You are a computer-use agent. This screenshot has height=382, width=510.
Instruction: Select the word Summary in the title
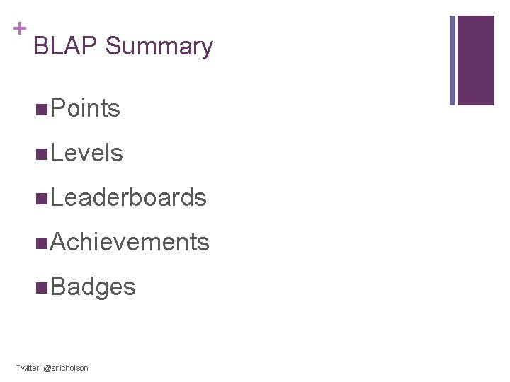tap(159, 47)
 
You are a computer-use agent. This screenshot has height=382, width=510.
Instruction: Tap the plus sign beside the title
tap(20, 28)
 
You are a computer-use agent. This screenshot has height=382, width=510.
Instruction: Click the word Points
tap(86, 109)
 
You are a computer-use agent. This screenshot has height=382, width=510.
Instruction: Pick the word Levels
tap(87, 154)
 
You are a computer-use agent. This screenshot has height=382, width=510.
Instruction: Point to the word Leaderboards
tap(129, 198)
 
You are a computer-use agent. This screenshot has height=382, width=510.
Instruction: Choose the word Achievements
tap(130, 243)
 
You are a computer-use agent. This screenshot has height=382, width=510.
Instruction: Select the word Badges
tap(93, 287)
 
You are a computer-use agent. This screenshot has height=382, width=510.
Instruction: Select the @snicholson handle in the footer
tap(67, 369)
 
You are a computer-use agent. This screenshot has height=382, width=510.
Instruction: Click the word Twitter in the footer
tap(28, 369)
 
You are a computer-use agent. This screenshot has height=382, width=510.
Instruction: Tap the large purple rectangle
tap(476, 60)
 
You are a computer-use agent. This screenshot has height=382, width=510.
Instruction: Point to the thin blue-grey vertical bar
tap(453, 60)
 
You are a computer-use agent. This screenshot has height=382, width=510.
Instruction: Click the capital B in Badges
tap(58, 287)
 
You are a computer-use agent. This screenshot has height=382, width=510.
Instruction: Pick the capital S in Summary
tap(113, 47)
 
